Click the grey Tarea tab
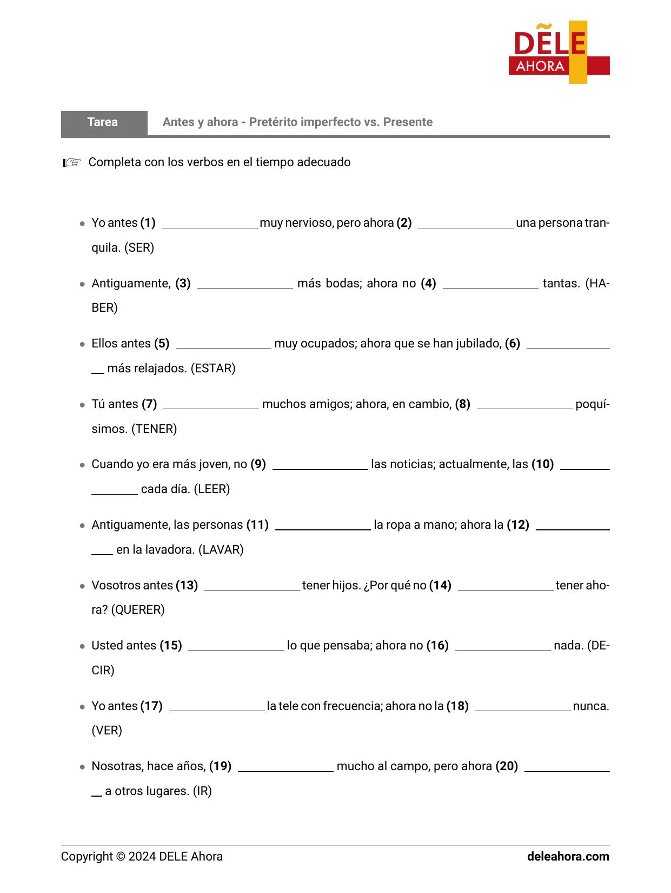(x=103, y=122)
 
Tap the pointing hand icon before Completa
(x=72, y=162)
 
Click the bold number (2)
(x=404, y=223)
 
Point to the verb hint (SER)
(x=139, y=248)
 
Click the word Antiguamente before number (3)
(x=131, y=284)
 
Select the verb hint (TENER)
(x=154, y=429)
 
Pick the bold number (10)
(x=542, y=464)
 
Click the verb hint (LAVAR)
(x=221, y=550)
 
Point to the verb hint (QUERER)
(x=138, y=610)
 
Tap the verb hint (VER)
(x=107, y=731)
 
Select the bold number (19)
(x=220, y=766)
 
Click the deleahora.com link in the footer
(x=568, y=857)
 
